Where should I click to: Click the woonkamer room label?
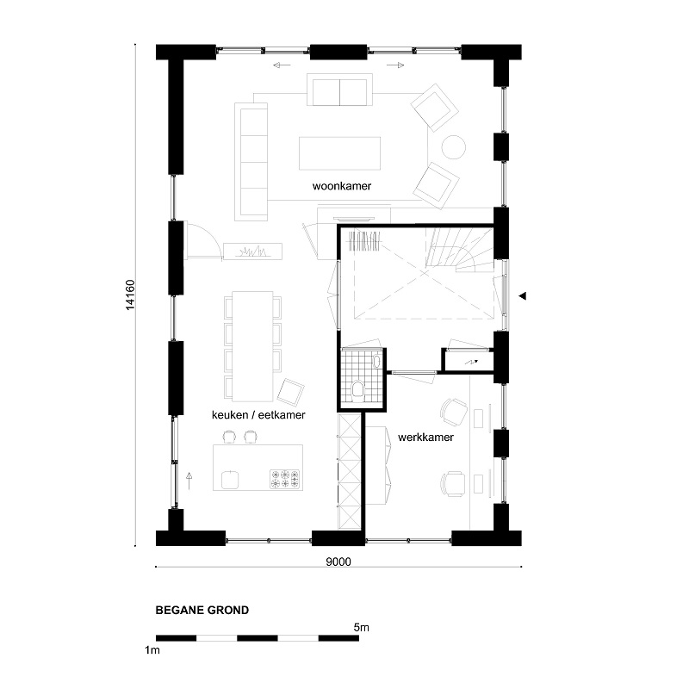(341, 186)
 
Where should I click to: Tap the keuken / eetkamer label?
(258, 415)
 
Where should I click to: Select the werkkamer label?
(425, 438)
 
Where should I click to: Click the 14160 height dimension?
(130, 295)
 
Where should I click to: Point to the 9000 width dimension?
(338, 562)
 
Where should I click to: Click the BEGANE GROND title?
(202, 610)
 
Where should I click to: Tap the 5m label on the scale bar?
(361, 628)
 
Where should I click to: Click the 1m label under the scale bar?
(152, 650)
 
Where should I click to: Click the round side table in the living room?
(453, 146)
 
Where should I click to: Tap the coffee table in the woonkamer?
(339, 153)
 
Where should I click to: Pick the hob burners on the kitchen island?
(285, 479)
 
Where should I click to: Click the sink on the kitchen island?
(230, 480)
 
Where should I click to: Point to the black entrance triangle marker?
(522, 295)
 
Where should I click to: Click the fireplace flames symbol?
(252, 251)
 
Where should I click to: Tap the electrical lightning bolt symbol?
(471, 363)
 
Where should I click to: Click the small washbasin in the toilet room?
(376, 361)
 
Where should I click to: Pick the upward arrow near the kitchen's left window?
(189, 481)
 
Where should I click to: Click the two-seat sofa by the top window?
(339, 92)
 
